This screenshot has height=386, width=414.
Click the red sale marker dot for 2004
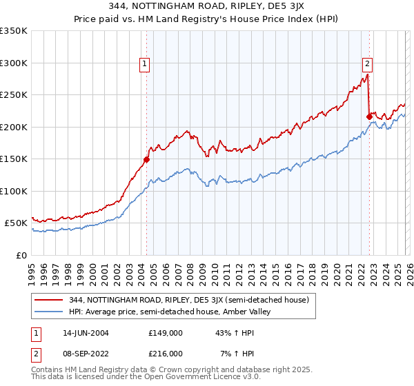tap(146, 160)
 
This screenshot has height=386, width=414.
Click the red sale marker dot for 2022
tap(369, 117)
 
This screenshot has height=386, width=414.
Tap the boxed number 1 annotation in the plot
tap(146, 64)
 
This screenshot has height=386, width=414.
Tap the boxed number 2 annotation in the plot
tap(367, 64)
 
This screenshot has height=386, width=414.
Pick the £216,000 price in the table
tap(166, 353)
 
